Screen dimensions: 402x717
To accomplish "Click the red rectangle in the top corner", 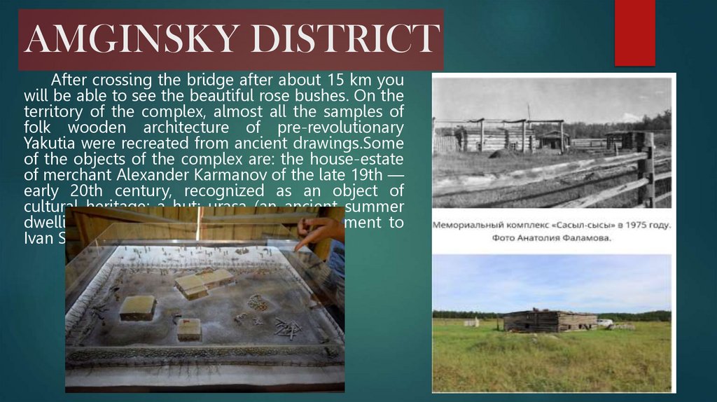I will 634,32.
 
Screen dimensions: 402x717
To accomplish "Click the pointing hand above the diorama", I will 319,230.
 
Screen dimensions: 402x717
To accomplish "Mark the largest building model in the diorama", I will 204,282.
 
